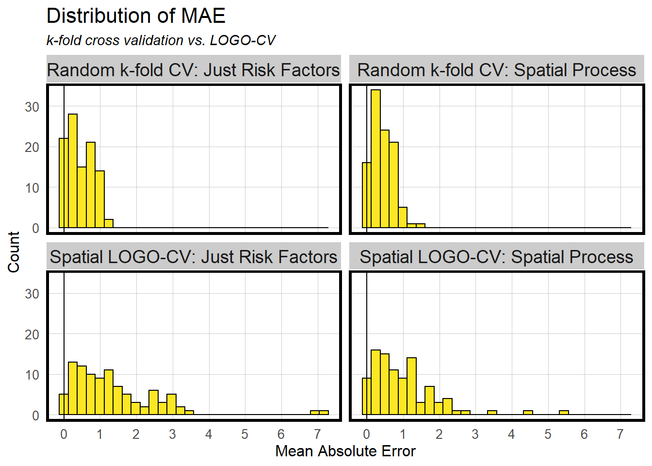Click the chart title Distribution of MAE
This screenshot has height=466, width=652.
pyautogui.click(x=136, y=16)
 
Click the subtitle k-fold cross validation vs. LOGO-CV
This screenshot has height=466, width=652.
pyautogui.click(x=161, y=40)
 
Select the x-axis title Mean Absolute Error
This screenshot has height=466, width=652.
pyautogui.click(x=345, y=451)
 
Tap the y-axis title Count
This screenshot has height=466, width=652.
pyautogui.click(x=14, y=251)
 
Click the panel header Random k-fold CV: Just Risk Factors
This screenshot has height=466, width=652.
pyautogui.click(x=194, y=70)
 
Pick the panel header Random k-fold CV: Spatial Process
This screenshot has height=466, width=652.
pyautogui.click(x=496, y=70)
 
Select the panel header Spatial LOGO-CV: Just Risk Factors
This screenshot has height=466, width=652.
pyautogui.click(x=194, y=257)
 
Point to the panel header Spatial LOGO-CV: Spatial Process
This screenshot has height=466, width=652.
pyautogui.click(x=496, y=257)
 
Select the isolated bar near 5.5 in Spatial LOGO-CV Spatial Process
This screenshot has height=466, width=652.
pyautogui.click(x=564, y=413)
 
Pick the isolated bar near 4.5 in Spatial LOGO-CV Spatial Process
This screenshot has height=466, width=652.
pyautogui.click(x=528, y=413)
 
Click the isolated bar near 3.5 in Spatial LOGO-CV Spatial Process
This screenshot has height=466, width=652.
pyautogui.click(x=492, y=413)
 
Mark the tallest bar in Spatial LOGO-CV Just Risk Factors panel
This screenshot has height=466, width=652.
pyautogui.click(x=73, y=388)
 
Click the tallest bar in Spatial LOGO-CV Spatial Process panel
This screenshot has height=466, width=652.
pyautogui.click(x=375, y=382)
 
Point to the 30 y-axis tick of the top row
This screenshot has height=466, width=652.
pyautogui.click(x=32, y=107)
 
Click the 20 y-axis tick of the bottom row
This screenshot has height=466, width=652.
pyautogui.click(x=32, y=334)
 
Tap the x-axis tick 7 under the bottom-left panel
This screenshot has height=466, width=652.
pyautogui.click(x=317, y=434)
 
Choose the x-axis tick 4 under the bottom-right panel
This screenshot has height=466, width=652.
pyautogui.click(x=511, y=434)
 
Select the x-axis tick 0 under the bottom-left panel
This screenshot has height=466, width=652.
pyautogui.click(x=64, y=434)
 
